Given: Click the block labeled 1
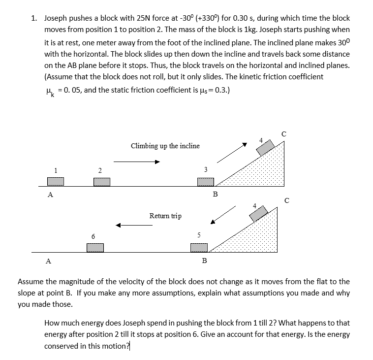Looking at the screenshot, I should [55, 181].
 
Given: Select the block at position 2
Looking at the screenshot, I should [101, 181].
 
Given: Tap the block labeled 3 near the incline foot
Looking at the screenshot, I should [205, 181].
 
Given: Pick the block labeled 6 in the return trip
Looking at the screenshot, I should [95, 247].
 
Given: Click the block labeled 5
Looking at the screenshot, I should [199, 247].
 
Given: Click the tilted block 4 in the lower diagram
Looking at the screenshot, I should [259, 214].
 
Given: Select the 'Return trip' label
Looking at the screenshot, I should [165, 216].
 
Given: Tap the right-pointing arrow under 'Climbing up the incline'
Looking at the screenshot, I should [137, 161].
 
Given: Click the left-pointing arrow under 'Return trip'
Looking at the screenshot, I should [141, 226].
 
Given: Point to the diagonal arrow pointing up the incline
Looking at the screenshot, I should [232, 153].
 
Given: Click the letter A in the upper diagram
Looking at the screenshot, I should [50, 195].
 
